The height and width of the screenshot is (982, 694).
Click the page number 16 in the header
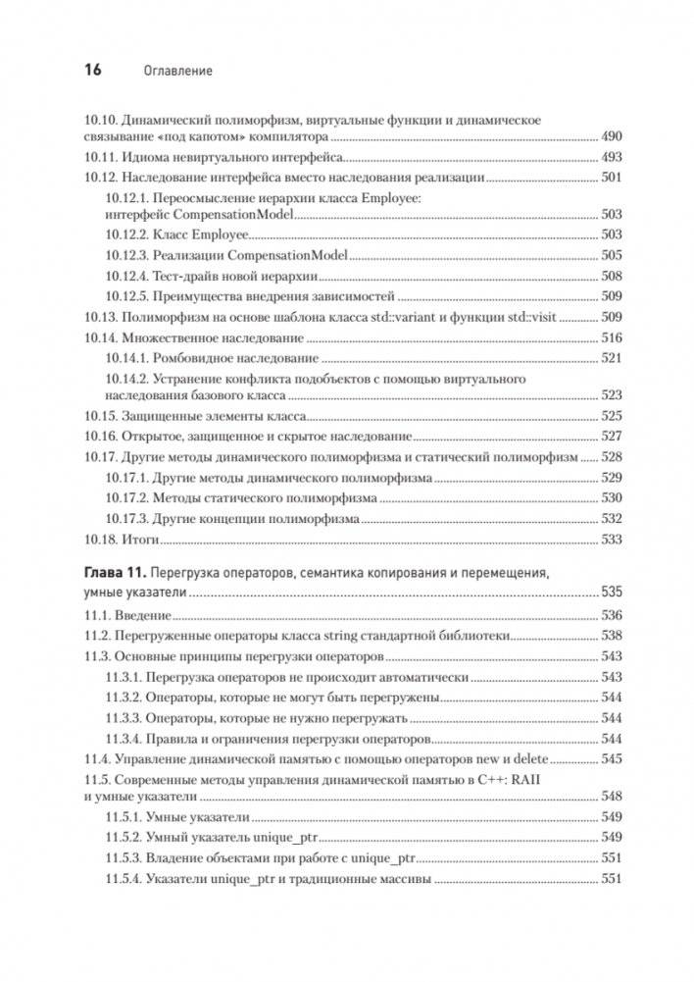pos(87,71)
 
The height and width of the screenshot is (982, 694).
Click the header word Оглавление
pos(178,72)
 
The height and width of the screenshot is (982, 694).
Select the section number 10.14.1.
pos(125,358)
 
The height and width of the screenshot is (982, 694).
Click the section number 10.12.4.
pos(125,276)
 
